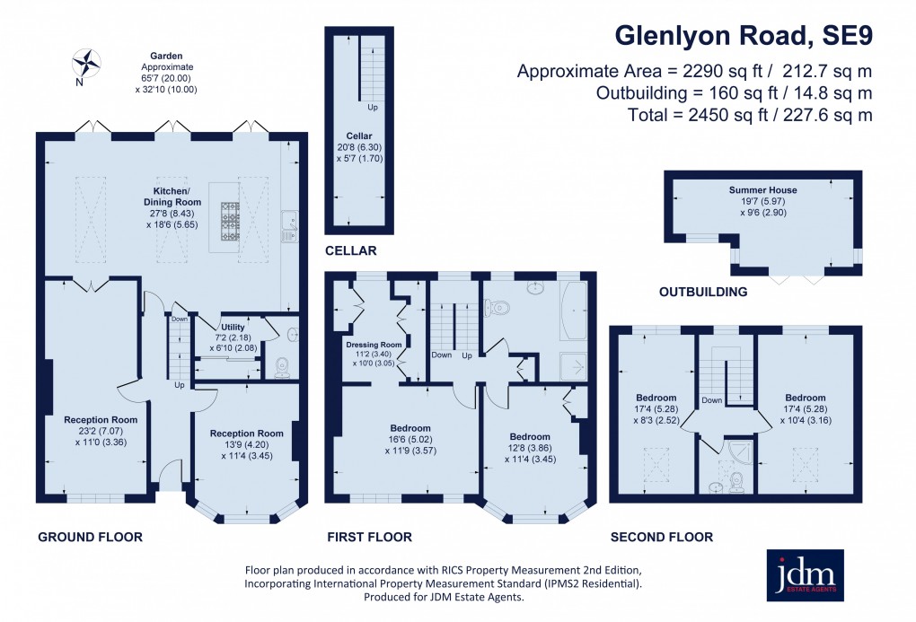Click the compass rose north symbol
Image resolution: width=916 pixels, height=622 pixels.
tap(88, 63)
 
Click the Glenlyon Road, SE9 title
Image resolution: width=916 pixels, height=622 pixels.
tap(743, 35)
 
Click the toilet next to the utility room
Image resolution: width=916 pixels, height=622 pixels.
tap(283, 365)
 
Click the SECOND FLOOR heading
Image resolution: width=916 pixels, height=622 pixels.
tap(662, 538)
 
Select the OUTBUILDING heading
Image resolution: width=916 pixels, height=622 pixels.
tap(703, 292)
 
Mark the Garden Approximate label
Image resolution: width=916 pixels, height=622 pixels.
tap(160, 66)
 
